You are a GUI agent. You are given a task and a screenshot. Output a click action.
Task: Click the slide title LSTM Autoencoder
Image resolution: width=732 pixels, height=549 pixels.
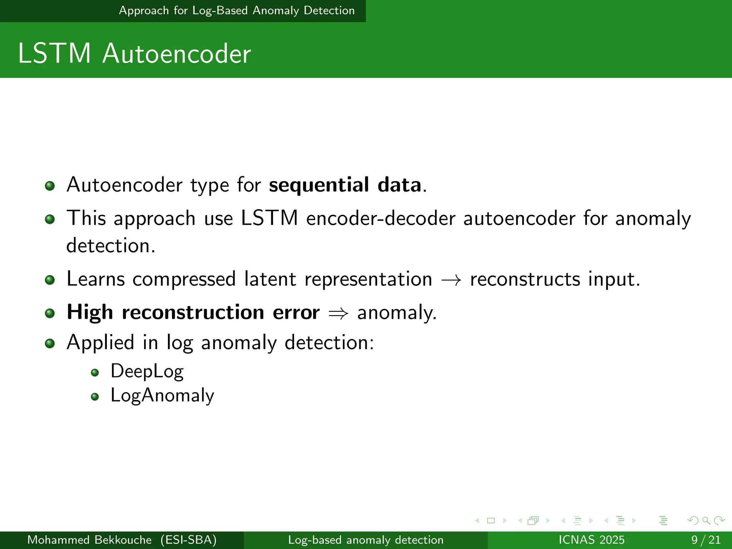134,54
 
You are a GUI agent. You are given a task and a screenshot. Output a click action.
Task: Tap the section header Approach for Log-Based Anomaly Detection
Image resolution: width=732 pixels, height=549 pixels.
237,11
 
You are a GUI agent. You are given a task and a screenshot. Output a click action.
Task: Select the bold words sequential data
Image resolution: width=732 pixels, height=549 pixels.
345,185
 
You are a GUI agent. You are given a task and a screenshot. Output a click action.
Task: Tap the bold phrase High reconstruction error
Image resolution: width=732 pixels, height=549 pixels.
193,312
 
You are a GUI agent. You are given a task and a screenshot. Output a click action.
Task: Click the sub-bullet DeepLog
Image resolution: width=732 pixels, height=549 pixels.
147,371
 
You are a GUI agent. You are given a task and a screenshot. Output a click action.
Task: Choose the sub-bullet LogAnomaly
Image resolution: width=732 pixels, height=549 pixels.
162,396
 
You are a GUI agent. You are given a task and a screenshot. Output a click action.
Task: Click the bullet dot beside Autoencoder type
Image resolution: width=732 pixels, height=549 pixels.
50,186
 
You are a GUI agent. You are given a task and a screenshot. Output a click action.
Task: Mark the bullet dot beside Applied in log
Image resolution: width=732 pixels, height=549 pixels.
50,343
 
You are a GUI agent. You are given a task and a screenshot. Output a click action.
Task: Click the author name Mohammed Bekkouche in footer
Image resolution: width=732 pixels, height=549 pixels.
89,540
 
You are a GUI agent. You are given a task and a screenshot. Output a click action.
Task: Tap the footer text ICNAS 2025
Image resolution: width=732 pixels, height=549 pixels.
591,540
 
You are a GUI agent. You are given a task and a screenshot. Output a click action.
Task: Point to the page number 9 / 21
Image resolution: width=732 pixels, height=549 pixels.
706,540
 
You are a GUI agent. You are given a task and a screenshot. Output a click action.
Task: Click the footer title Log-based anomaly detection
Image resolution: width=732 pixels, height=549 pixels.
366,540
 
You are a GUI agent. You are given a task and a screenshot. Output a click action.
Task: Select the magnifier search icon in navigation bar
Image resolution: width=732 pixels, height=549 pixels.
706,521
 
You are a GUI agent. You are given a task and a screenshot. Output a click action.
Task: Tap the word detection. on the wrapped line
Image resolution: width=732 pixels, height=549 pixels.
111,246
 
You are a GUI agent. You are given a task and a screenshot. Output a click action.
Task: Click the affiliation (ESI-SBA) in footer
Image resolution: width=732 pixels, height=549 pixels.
188,540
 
